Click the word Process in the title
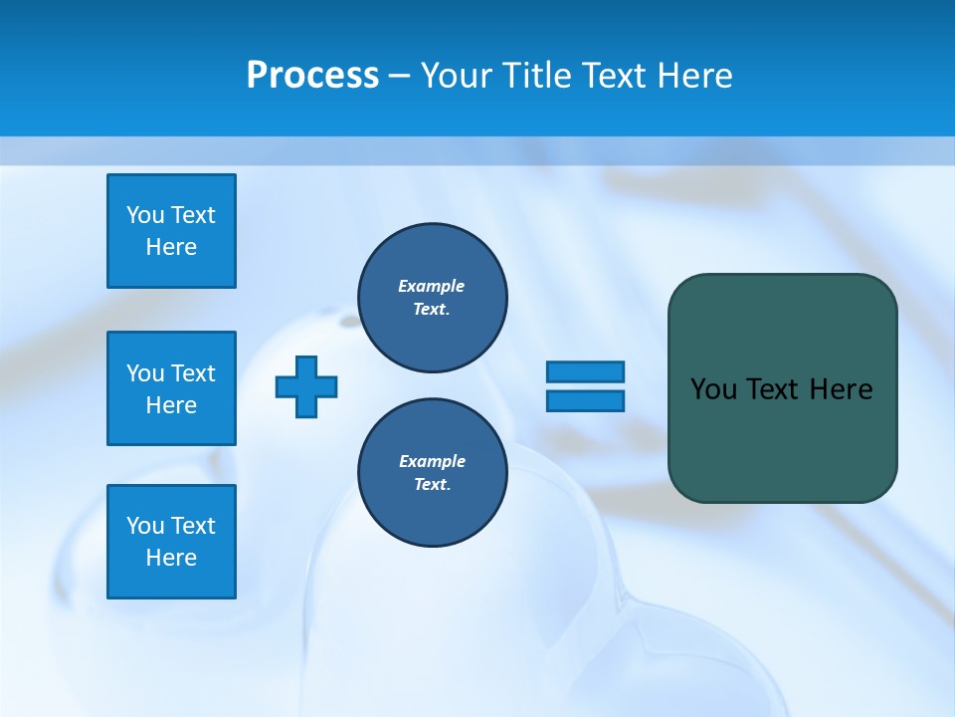coord(312,76)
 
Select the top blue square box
coord(171,231)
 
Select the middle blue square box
coord(171,388)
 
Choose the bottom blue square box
coord(171,542)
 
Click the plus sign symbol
coord(306,386)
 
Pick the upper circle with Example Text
coord(433,298)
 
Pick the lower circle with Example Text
coord(433,473)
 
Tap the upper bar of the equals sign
coord(585,371)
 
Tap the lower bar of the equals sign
coord(585,400)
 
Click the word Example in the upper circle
coord(432,286)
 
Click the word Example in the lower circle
coord(432,461)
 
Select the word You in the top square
coord(145,215)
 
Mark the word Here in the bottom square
coord(171,558)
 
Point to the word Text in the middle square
coord(192,373)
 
